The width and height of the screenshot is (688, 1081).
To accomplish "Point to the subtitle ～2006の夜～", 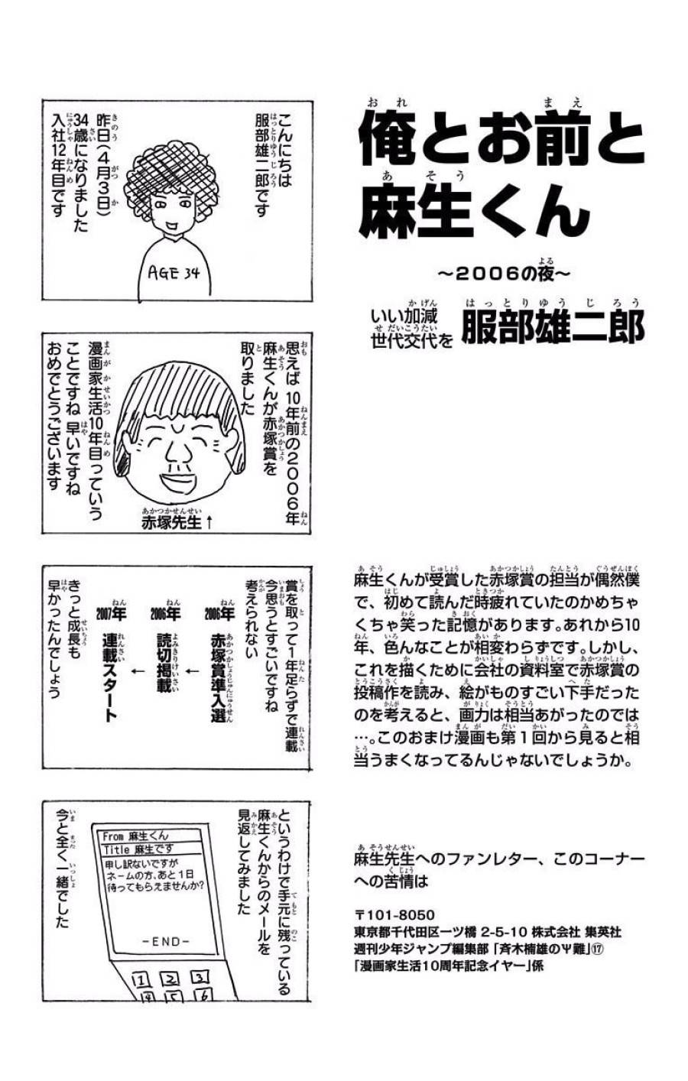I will point(504,272).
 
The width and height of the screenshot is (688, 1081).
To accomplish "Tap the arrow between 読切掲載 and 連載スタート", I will point(137,671).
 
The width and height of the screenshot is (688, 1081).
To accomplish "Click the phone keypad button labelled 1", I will point(140,981).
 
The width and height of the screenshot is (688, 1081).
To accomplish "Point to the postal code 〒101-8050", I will point(394,914).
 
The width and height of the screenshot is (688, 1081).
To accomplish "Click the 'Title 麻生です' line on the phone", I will point(138,849).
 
